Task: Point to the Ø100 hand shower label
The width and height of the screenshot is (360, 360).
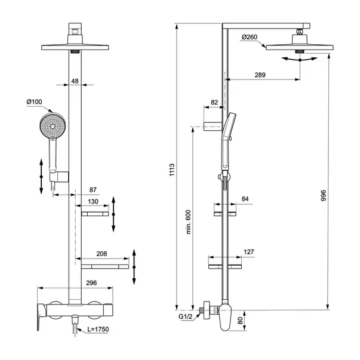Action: [35, 103]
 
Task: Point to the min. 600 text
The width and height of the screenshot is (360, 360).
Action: [187, 222]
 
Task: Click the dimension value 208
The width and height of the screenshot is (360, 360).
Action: [101, 254]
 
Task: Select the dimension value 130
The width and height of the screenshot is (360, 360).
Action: [93, 201]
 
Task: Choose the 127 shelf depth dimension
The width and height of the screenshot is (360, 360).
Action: [248, 251]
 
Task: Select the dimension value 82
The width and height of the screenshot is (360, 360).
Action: [214, 103]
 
